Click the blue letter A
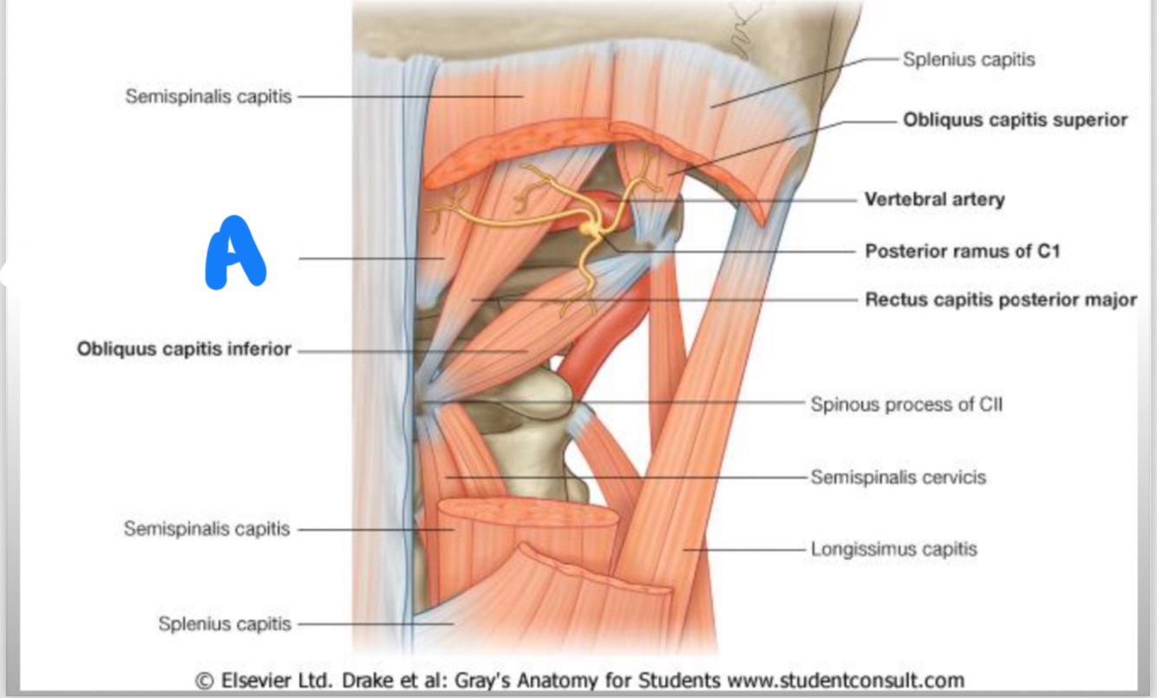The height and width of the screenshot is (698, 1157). pos(234,253)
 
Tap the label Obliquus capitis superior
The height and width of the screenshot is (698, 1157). pos(1015,120)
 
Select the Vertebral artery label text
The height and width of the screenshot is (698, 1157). pos(934,199)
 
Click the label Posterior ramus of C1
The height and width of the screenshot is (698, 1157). pos(962,251)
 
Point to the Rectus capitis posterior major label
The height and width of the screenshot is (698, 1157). pos(1000,300)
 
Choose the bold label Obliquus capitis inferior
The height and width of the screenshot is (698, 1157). pos(184,350)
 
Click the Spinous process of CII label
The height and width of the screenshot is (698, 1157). pos(906,404)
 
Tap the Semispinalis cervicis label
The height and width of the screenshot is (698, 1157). pos(898,477)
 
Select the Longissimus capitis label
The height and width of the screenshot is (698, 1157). pos(893,549)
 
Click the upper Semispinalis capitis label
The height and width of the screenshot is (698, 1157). pos(208,96)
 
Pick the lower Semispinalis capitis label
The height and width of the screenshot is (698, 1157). pos(206,529)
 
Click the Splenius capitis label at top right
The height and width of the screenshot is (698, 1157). pos(968,60)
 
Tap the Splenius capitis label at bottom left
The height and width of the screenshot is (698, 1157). pos(224,624)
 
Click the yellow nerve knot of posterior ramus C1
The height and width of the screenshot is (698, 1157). pos(591,228)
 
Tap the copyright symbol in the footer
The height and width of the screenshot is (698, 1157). pos(206,680)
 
